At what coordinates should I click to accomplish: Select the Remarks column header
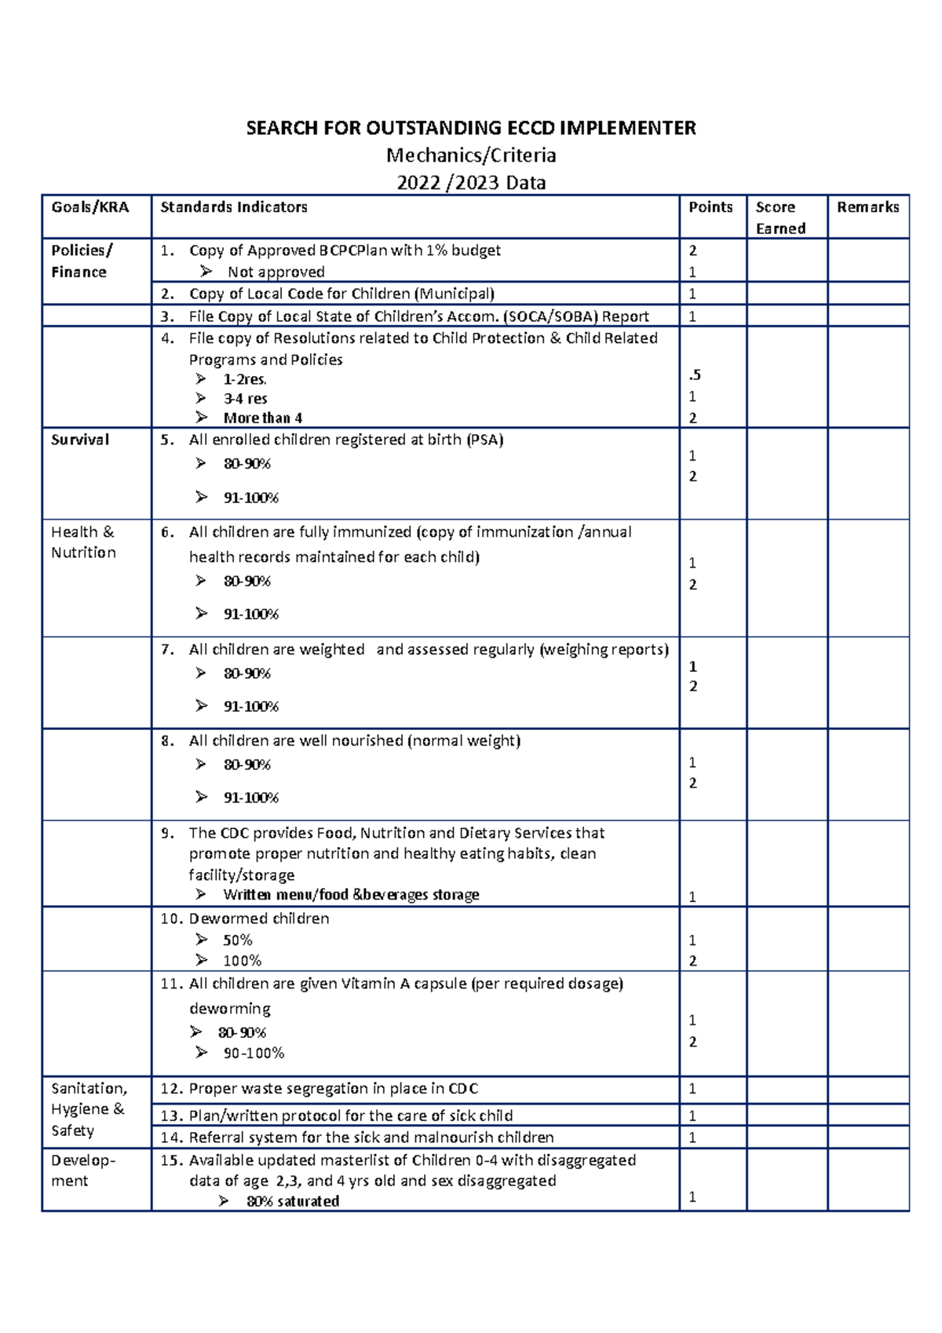point(867,207)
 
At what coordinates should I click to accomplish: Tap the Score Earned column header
point(780,217)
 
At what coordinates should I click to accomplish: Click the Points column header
point(710,207)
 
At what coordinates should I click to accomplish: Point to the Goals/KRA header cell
point(89,207)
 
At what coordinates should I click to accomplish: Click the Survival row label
point(80,440)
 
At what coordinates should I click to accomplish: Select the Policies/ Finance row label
point(82,261)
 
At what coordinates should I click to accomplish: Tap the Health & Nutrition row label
point(83,542)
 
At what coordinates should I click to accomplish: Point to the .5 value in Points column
point(694,375)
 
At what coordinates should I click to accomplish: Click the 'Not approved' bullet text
point(276,272)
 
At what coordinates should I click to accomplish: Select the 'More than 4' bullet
point(262,418)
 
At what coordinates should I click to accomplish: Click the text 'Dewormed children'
point(258,918)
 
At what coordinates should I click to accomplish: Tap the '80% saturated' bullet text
point(292,1201)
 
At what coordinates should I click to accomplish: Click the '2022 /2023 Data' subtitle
point(471,183)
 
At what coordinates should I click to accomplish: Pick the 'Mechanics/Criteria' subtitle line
point(471,155)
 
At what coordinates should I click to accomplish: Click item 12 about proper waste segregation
point(333,1089)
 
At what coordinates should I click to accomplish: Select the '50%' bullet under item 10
point(237,940)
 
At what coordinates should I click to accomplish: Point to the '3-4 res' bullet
point(245,399)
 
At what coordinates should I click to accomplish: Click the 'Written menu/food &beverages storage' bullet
point(351,895)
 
